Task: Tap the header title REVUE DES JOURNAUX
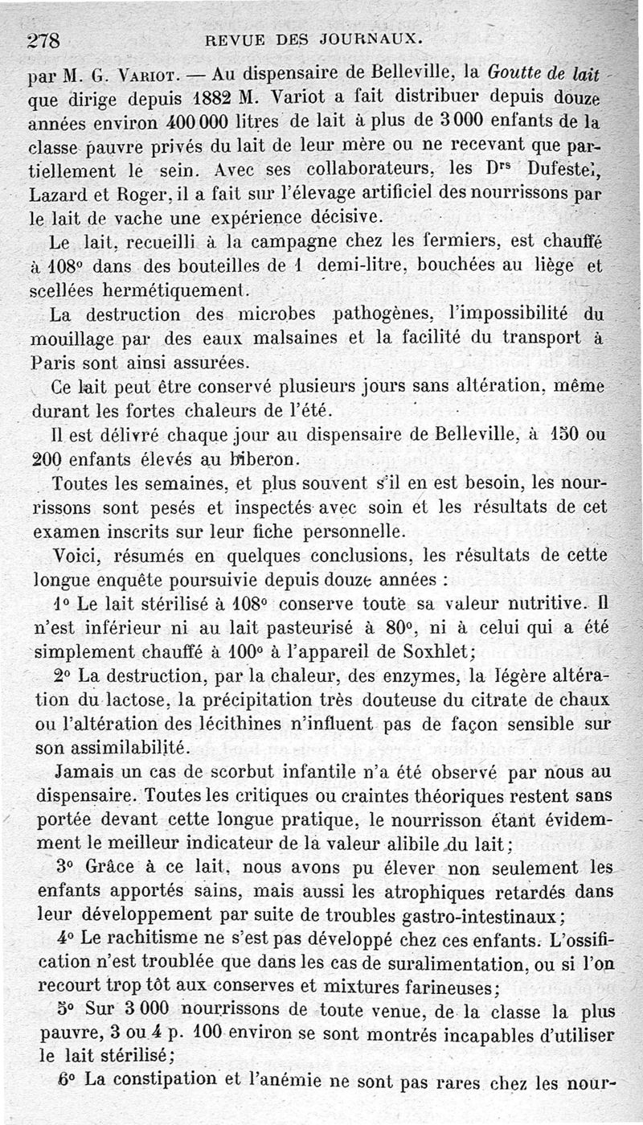(x=313, y=38)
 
